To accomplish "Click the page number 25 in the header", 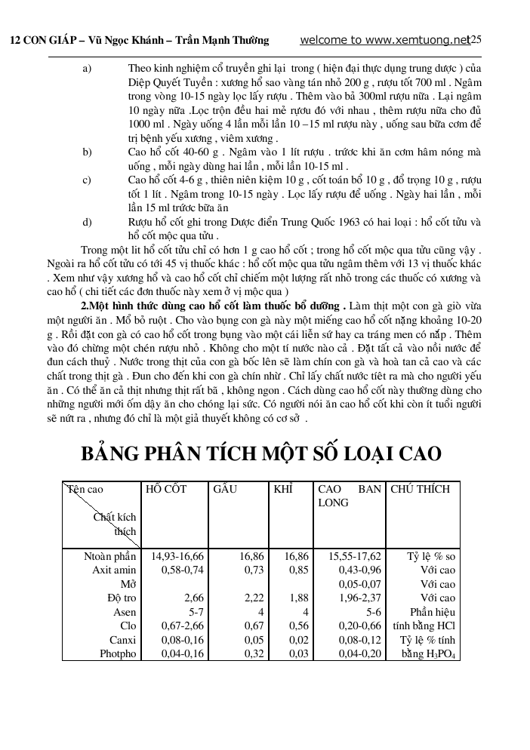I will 476,39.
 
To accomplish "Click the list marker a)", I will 86,68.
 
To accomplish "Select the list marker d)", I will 86,222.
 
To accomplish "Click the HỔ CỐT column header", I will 167,489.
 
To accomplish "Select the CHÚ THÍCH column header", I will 421,489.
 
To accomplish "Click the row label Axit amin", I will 114,570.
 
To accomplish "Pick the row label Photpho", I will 118,653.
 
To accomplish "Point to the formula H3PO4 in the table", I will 439,654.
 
